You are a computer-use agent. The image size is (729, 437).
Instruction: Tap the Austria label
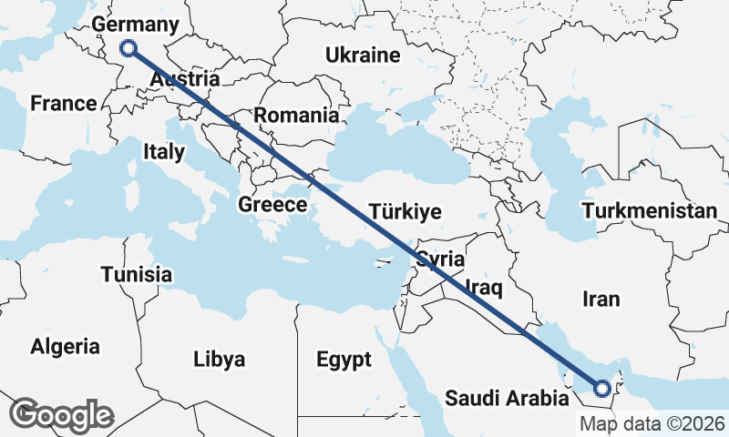[185, 80]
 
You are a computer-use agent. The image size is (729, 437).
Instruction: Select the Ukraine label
[363, 56]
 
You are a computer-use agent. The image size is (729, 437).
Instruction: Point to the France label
[63, 103]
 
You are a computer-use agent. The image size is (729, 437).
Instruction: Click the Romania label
[295, 116]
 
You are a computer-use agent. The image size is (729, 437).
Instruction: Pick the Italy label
[164, 152]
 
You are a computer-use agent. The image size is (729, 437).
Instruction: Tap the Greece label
[272, 205]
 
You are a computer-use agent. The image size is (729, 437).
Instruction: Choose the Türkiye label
[406, 212]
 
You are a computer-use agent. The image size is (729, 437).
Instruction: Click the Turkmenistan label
[651, 211]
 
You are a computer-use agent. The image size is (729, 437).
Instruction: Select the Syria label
[441, 259]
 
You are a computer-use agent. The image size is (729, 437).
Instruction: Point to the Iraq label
[484, 289]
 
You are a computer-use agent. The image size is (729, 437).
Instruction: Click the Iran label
[601, 299]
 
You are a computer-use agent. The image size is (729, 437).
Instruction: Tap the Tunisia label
[137, 274]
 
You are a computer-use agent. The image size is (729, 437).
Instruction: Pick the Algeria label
[66, 346]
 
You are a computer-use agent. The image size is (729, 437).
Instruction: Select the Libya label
[220, 360]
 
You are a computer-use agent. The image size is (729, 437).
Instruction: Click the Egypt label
[344, 360]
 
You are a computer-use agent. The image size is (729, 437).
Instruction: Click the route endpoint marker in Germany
[128, 49]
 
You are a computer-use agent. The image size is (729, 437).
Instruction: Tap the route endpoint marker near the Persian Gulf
[602, 390]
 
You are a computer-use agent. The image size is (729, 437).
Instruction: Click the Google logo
[61, 414]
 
